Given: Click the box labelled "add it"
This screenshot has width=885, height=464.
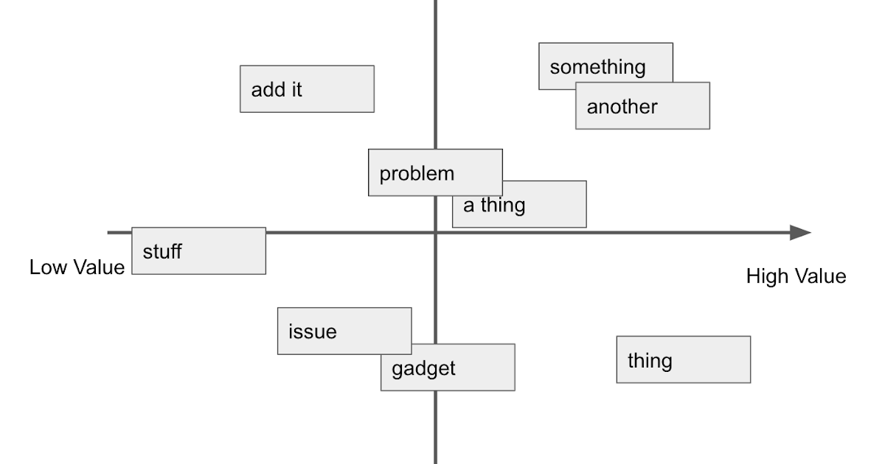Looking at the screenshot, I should pos(307,89).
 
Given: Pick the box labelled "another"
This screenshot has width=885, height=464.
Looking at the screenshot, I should pos(642,110).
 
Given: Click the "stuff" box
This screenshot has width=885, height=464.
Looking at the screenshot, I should pos(198,251).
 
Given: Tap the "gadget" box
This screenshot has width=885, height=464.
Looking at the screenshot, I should pos(457,373).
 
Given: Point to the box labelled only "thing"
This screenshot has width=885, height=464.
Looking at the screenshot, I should pos(683,360).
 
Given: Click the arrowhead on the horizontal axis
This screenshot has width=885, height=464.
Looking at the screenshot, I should pos(801,233).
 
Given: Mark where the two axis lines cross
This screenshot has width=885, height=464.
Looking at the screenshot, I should pos(435,233).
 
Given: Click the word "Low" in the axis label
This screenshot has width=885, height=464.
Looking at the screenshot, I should pos(48,267).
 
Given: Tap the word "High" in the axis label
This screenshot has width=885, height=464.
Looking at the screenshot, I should pos(767,277).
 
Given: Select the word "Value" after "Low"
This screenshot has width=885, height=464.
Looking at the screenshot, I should pos(99,267).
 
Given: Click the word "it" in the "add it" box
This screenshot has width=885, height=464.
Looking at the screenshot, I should pos(296,90).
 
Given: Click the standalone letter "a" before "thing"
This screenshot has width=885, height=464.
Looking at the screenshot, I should pos(469,205).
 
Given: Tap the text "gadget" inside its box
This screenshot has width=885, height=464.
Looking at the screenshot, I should pos(423,368).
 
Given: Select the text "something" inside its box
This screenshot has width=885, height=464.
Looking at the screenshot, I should pos(597,67).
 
